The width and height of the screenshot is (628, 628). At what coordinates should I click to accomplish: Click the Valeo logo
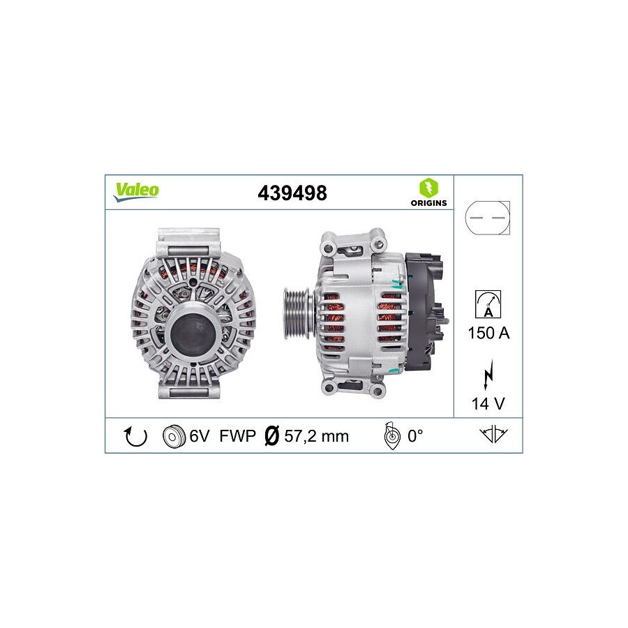[137, 192]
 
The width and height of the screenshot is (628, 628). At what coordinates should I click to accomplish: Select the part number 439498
[292, 193]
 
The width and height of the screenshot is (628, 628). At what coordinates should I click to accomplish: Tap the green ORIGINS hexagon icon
[428, 188]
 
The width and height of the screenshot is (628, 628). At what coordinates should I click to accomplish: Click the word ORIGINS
[428, 203]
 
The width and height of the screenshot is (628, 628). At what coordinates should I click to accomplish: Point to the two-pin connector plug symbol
[488, 218]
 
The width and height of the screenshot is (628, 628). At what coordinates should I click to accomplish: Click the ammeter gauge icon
[488, 304]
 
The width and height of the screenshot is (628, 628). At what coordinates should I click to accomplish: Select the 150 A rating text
[488, 333]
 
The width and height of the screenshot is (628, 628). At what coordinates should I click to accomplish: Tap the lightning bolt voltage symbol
[488, 375]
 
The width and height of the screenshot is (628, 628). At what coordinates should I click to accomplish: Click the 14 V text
[488, 404]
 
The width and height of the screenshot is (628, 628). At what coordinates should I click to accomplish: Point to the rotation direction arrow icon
[136, 436]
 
